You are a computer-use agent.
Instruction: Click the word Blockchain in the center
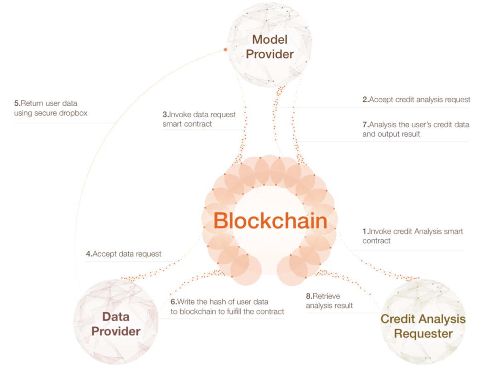point(270,221)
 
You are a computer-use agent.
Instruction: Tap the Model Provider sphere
point(270,45)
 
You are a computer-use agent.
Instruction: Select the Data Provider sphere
point(116,322)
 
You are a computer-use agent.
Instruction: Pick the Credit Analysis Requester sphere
point(423,322)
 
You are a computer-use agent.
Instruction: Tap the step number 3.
point(166,115)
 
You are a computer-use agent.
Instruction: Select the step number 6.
point(173,302)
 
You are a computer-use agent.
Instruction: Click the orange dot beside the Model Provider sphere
point(226,49)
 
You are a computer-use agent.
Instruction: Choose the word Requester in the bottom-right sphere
point(423,334)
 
